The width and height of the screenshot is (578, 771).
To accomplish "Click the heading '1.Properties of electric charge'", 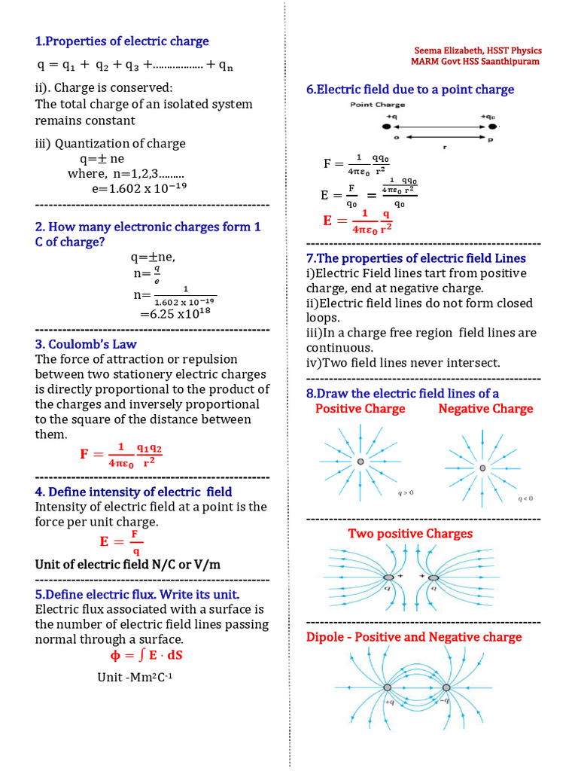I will tap(122, 41).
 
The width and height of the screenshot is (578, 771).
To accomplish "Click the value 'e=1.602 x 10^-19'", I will tap(139, 189).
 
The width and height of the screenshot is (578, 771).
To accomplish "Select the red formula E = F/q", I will tap(121, 541).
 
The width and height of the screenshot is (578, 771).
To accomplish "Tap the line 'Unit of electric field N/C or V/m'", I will tap(128, 565).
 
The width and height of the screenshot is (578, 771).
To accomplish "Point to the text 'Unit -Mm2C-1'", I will tap(135, 677).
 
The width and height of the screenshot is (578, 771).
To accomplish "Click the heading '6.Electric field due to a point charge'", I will tap(410, 90).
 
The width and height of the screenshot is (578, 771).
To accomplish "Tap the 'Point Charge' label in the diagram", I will tap(377, 105).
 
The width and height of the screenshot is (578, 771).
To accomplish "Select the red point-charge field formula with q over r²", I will tap(358, 220).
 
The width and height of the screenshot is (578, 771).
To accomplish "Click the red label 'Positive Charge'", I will tap(360, 409).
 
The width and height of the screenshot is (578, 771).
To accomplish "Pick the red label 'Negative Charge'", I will tap(485, 409).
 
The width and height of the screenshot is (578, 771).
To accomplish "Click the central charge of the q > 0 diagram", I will tap(360, 462).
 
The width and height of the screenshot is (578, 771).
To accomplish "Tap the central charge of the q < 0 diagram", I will tap(482, 468).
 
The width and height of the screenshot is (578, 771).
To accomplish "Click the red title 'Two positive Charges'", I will tap(410, 534).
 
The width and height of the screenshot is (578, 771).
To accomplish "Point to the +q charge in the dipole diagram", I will tap(387, 687).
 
